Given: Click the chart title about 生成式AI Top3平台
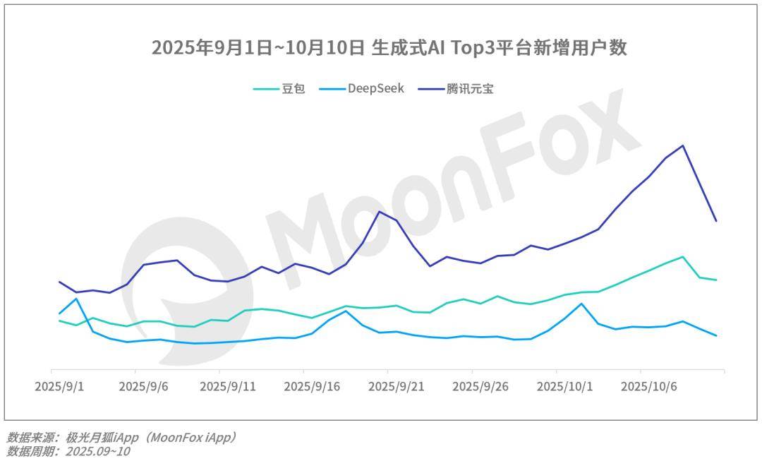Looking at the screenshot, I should [x=389, y=48].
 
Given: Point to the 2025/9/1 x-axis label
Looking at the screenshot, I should [x=59, y=387].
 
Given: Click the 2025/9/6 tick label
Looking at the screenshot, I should [x=143, y=387].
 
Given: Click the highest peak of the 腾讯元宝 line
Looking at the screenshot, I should [x=682, y=145].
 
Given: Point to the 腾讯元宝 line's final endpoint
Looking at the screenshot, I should [x=716, y=221].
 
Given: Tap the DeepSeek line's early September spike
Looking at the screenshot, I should [x=76, y=299].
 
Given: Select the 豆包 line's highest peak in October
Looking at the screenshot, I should [x=682, y=256].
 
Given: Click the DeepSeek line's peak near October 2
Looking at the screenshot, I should [x=581, y=304].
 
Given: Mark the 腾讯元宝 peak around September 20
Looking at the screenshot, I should [x=380, y=212].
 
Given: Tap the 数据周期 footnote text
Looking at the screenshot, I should [x=68, y=452].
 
